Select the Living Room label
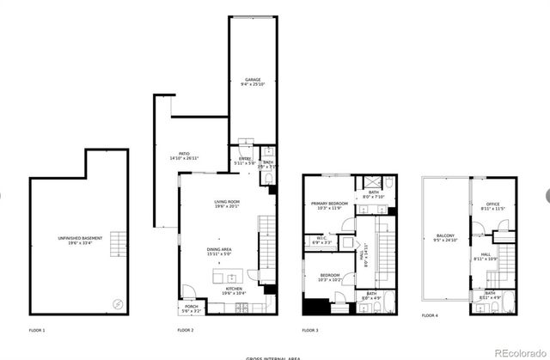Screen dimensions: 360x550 (226, 204)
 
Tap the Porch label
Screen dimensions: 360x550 (190, 308)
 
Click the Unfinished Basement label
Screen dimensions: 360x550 (76, 240)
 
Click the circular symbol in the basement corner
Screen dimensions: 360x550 (119, 303)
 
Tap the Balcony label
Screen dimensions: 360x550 (445, 237)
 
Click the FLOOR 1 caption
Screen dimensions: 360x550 (37, 330)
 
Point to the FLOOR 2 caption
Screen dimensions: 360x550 (186, 330)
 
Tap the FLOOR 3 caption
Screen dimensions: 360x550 (310, 330)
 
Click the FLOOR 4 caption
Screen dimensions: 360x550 (430, 315)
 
